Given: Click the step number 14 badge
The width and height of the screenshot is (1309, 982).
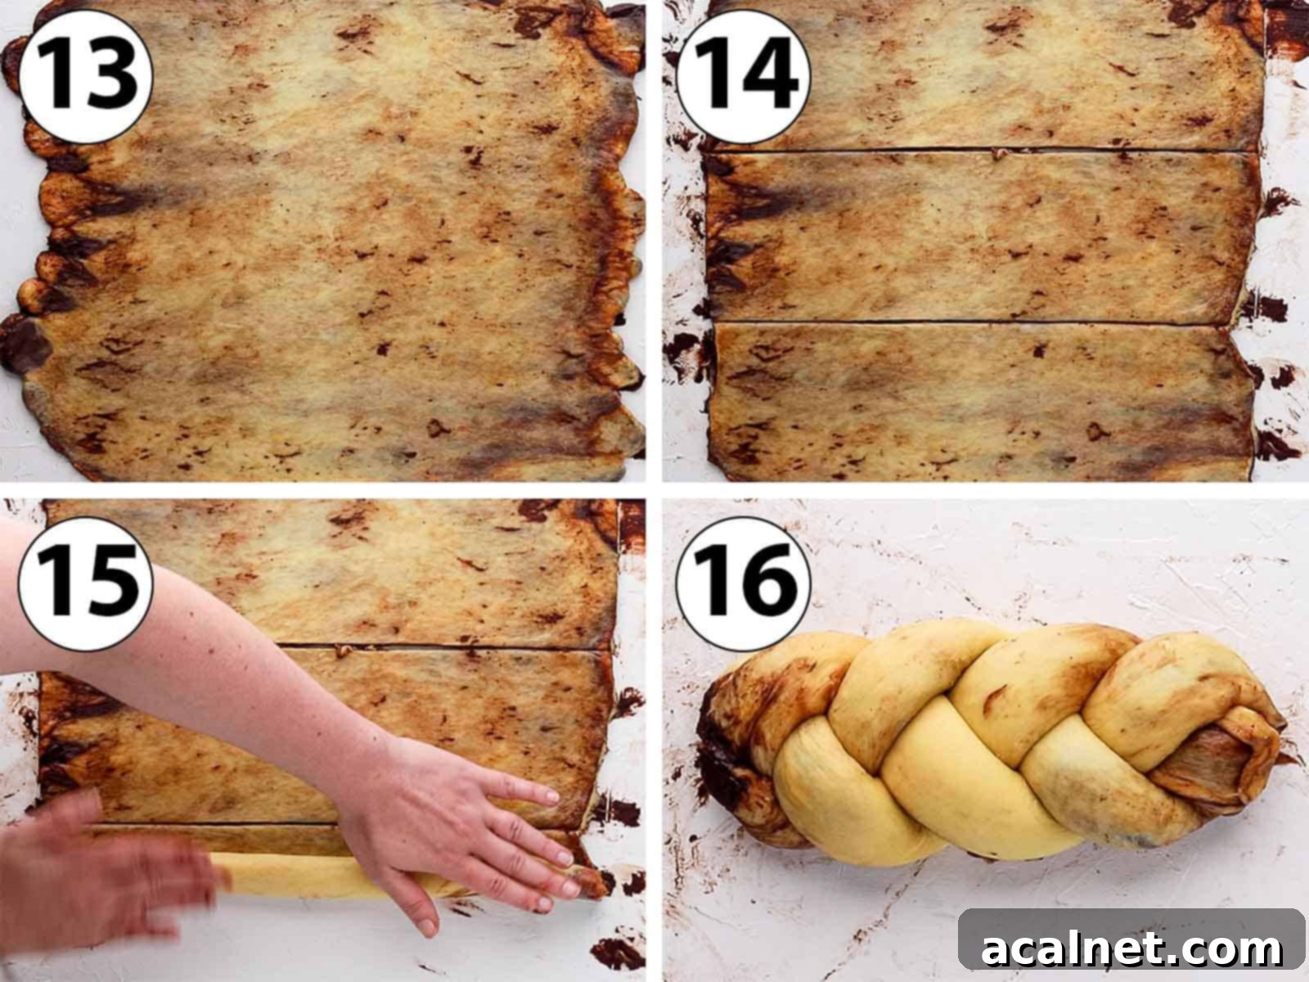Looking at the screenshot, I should (743, 76).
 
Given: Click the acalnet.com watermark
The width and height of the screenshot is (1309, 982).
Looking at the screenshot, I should (1131, 948).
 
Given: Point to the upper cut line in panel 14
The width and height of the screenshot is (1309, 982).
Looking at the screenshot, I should (982, 151).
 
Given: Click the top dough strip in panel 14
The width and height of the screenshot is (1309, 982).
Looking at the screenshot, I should (982, 78).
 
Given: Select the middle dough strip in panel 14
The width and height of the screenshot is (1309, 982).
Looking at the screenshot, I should (982, 237).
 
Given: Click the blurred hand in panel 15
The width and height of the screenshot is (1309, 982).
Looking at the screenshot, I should (98, 876).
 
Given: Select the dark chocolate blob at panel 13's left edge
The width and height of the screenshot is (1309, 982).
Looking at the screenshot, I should (20, 344).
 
